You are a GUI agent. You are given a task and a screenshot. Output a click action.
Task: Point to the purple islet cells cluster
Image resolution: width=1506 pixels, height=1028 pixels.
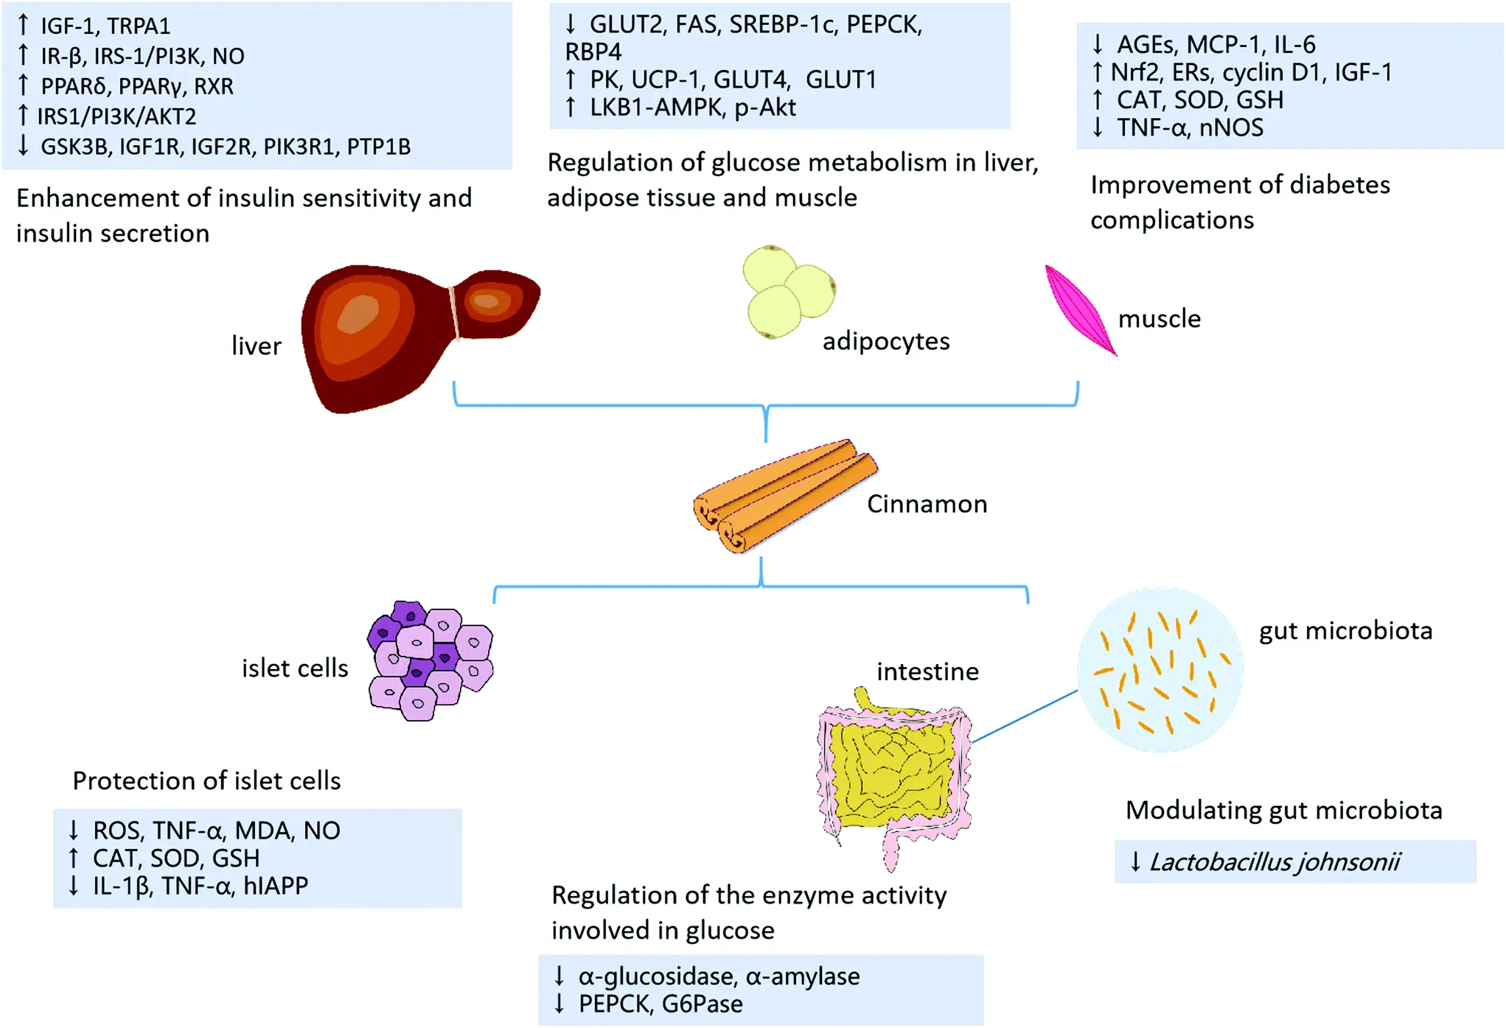coord(430,660)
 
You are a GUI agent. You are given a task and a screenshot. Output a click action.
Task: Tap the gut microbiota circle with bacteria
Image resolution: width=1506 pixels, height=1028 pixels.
coord(1160,670)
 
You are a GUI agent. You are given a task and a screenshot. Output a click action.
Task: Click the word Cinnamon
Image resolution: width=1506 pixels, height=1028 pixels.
coord(927,504)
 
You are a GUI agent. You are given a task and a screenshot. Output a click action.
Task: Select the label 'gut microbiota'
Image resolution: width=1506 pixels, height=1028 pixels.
coord(1345,631)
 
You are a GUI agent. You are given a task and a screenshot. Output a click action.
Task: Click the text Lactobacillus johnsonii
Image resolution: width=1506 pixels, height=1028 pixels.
coord(1275,861)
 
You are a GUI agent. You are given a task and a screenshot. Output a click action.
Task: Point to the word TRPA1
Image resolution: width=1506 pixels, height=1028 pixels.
coord(138,26)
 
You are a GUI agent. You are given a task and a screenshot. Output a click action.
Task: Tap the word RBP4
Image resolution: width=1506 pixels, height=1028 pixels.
coord(593,52)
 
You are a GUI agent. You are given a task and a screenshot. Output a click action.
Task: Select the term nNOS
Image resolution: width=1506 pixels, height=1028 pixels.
coord(1231,127)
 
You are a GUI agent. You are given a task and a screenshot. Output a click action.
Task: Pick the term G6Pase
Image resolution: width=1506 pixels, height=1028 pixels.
coord(702,1004)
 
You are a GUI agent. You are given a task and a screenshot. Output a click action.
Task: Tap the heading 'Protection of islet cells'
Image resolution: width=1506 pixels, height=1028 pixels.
coord(206,780)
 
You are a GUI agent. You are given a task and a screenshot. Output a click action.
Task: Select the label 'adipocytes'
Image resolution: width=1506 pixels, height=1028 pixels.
coord(886,341)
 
